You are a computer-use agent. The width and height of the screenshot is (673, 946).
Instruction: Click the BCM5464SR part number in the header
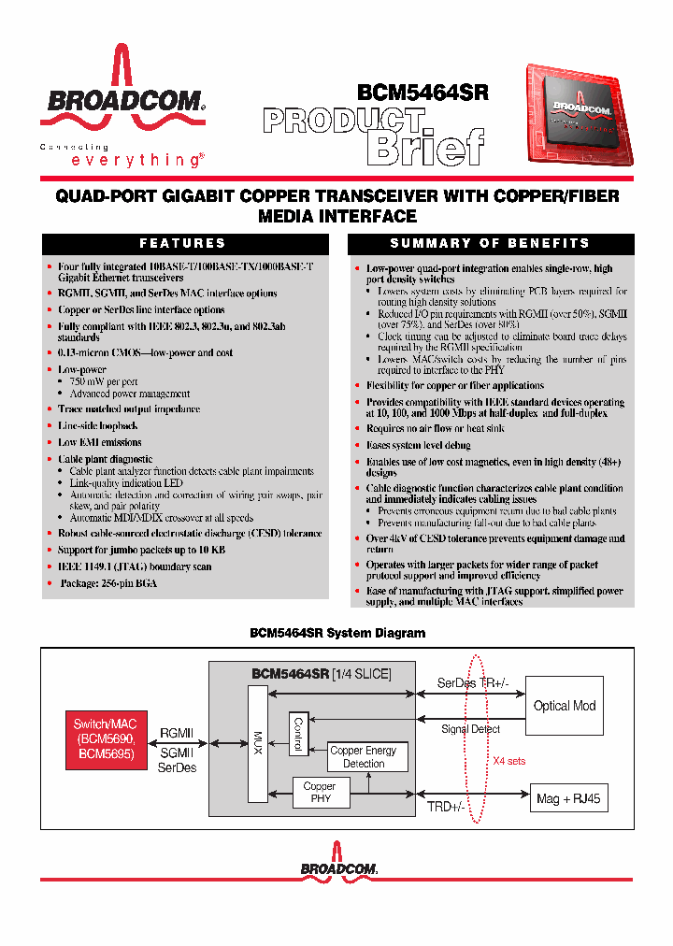pyautogui.click(x=422, y=93)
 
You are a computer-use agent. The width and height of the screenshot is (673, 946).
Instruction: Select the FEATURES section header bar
pyautogui.click(x=183, y=244)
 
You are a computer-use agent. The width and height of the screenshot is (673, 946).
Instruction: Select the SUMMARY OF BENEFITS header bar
pyautogui.click(x=490, y=244)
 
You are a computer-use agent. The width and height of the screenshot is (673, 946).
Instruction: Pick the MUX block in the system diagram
pyautogui.click(x=258, y=743)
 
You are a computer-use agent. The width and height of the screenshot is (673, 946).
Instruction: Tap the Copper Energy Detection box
pyautogui.click(x=364, y=757)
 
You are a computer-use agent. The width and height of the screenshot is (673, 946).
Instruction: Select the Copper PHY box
pyautogui.click(x=320, y=793)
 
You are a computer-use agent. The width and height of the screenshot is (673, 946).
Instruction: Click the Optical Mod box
pyautogui.click(x=565, y=706)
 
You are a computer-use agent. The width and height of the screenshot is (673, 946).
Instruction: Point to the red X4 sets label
pyautogui.click(x=509, y=761)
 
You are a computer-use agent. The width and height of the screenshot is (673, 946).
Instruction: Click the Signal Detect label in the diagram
pyautogui.click(x=470, y=729)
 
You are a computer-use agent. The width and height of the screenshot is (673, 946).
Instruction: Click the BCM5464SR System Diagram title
pyautogui.click(x=337, y=633)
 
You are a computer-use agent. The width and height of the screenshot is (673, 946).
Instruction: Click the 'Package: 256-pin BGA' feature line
pyautogui.click(x=108, y=583)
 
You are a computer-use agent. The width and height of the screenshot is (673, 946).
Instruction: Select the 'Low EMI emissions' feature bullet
pyautogui.click(x=100, y=442)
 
